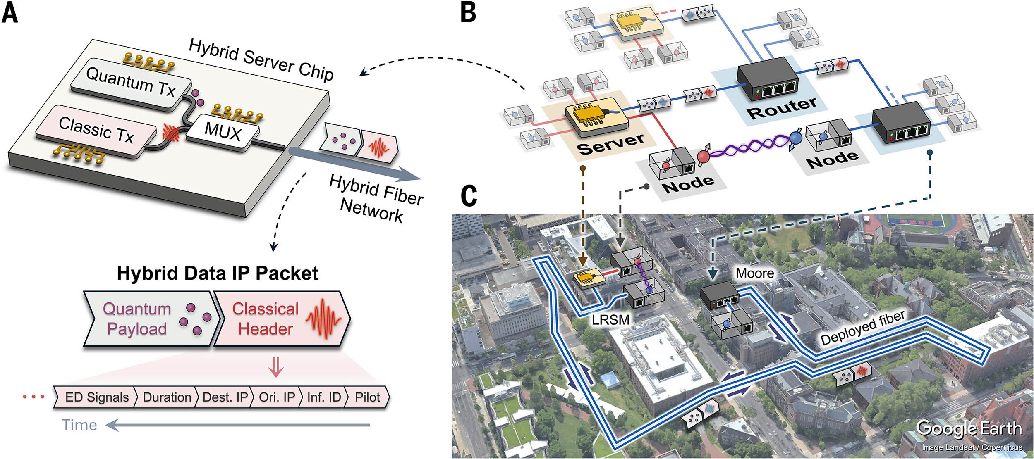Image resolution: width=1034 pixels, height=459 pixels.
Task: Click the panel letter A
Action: click(10, 13)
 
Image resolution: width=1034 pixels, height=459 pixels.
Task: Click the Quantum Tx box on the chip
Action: click(130, 83)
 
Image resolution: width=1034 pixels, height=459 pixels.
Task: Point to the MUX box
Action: click(223, 133)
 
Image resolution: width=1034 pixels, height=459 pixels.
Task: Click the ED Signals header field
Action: click(97, 397)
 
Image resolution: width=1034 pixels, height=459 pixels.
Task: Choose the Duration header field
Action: click(167, 397)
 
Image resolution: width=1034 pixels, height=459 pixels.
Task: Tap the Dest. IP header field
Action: click(225, 397)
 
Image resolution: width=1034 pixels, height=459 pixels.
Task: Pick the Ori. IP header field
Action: click(277, 397)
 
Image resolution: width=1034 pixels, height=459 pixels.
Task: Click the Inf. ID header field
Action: click(323, 397)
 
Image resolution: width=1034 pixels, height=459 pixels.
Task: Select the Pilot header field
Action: click(367, 397)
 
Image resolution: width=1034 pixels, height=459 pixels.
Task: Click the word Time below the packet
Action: click(79, 425)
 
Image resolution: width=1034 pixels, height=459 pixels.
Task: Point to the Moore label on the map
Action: click(754, 273)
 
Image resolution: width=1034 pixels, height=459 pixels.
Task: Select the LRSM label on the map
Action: click(610, 319)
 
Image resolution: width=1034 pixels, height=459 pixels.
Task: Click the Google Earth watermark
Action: click(969, 428)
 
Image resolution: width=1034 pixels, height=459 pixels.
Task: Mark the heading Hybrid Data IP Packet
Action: click(218, 273)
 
